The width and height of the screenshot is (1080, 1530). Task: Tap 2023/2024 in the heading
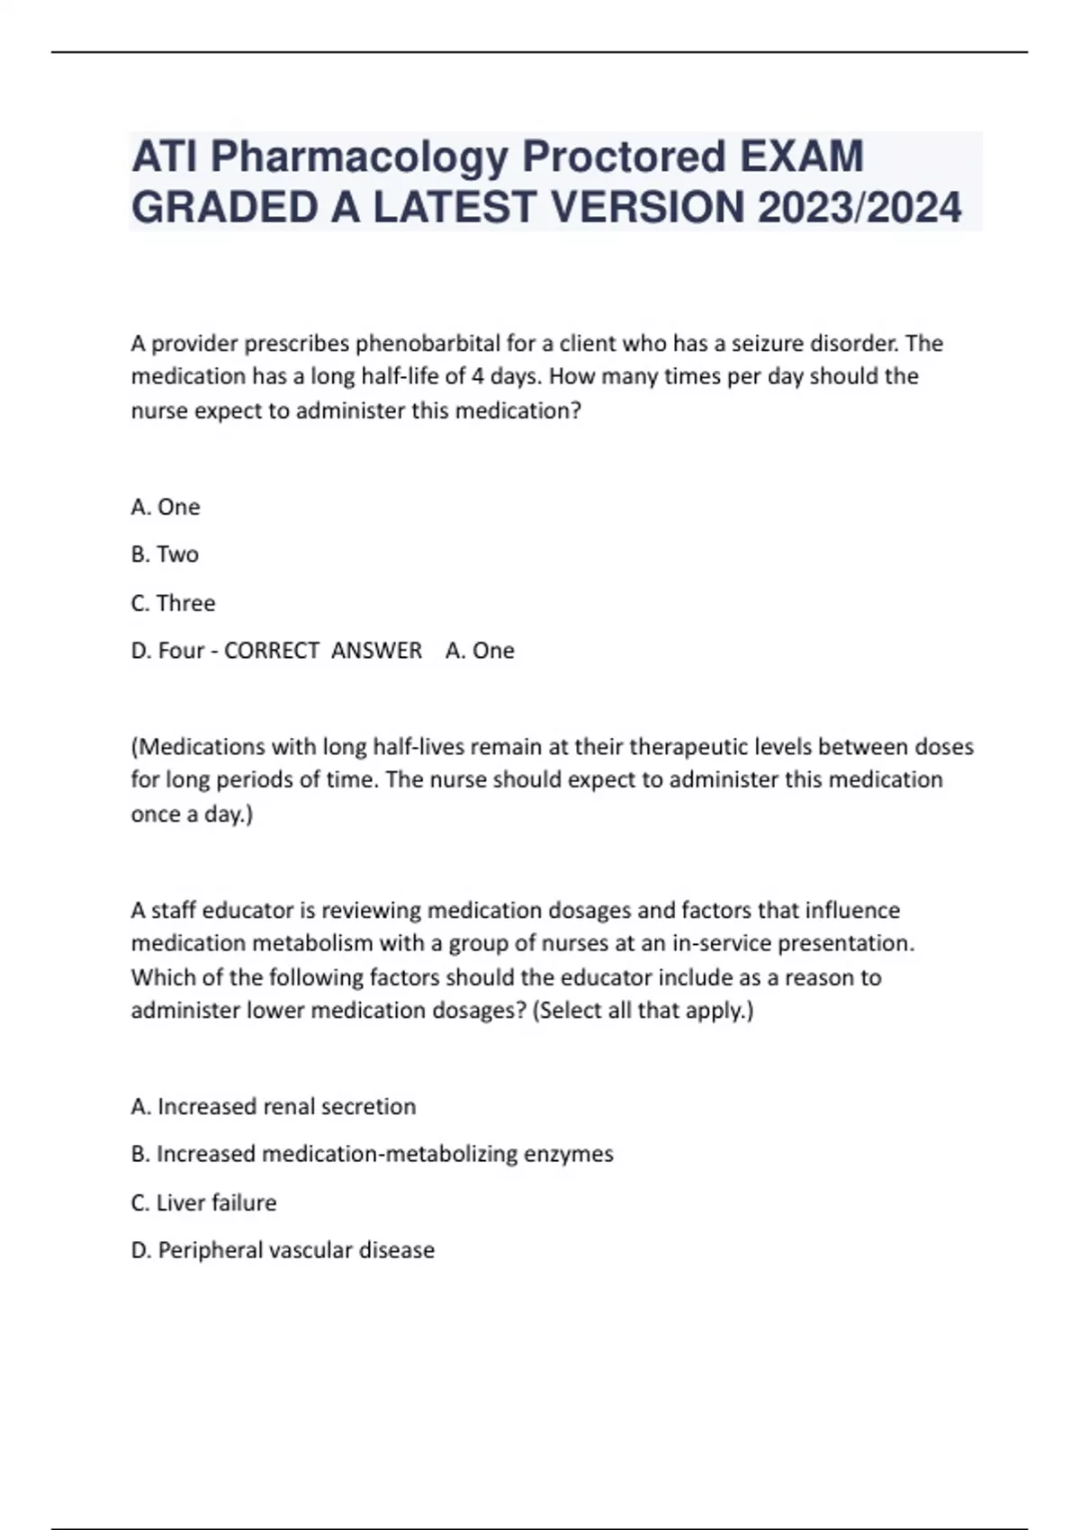pos(859,209)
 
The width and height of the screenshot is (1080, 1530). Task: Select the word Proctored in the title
pos(624,157)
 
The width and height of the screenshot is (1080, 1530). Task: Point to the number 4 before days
pos(478,376)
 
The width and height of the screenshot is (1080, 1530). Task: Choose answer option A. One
pos(166,508)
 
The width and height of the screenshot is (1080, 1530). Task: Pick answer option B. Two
pos(165,554)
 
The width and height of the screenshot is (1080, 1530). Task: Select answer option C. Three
pos(173,603)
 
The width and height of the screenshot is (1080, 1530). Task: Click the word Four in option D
pos(181,651)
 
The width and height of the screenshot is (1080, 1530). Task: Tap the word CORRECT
pos(272,651)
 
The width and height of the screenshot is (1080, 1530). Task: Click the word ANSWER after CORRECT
pos(376,651)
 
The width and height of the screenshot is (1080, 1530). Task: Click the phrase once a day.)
pos(192,814)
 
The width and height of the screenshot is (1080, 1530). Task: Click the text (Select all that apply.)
pos(643,1011)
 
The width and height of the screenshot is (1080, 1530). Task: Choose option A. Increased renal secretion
pos(274,1107)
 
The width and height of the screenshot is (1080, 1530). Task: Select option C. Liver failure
pos(203,1203)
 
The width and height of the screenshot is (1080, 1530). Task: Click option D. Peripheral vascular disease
pos(283,1250)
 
